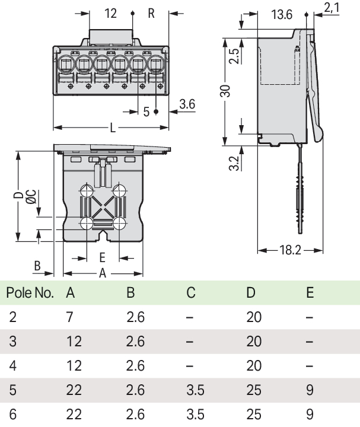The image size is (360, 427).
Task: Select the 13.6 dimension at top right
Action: (x=282, y=14)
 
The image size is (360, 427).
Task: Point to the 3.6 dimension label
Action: (x=187, y=104)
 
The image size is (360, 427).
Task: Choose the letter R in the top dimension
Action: (x=151, y=13)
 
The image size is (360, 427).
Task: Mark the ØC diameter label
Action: (x=30, y=197)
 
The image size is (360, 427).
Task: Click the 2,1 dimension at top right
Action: (x=332, y=7)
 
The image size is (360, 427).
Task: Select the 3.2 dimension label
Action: (x=234, y=163)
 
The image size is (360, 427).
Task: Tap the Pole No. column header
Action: (x=30, y=293)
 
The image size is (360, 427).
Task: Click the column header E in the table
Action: (x=310, y=293)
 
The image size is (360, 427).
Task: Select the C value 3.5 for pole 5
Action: (x=194, y=390)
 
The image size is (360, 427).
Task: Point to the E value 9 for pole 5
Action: (x=310, y=390)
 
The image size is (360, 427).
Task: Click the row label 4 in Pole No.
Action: (x=13, y=366)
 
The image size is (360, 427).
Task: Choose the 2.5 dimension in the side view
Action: (x=234, y=58)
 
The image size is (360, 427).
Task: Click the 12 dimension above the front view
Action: (x=110, y=13)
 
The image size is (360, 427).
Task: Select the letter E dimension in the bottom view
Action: (x=102, y=257)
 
